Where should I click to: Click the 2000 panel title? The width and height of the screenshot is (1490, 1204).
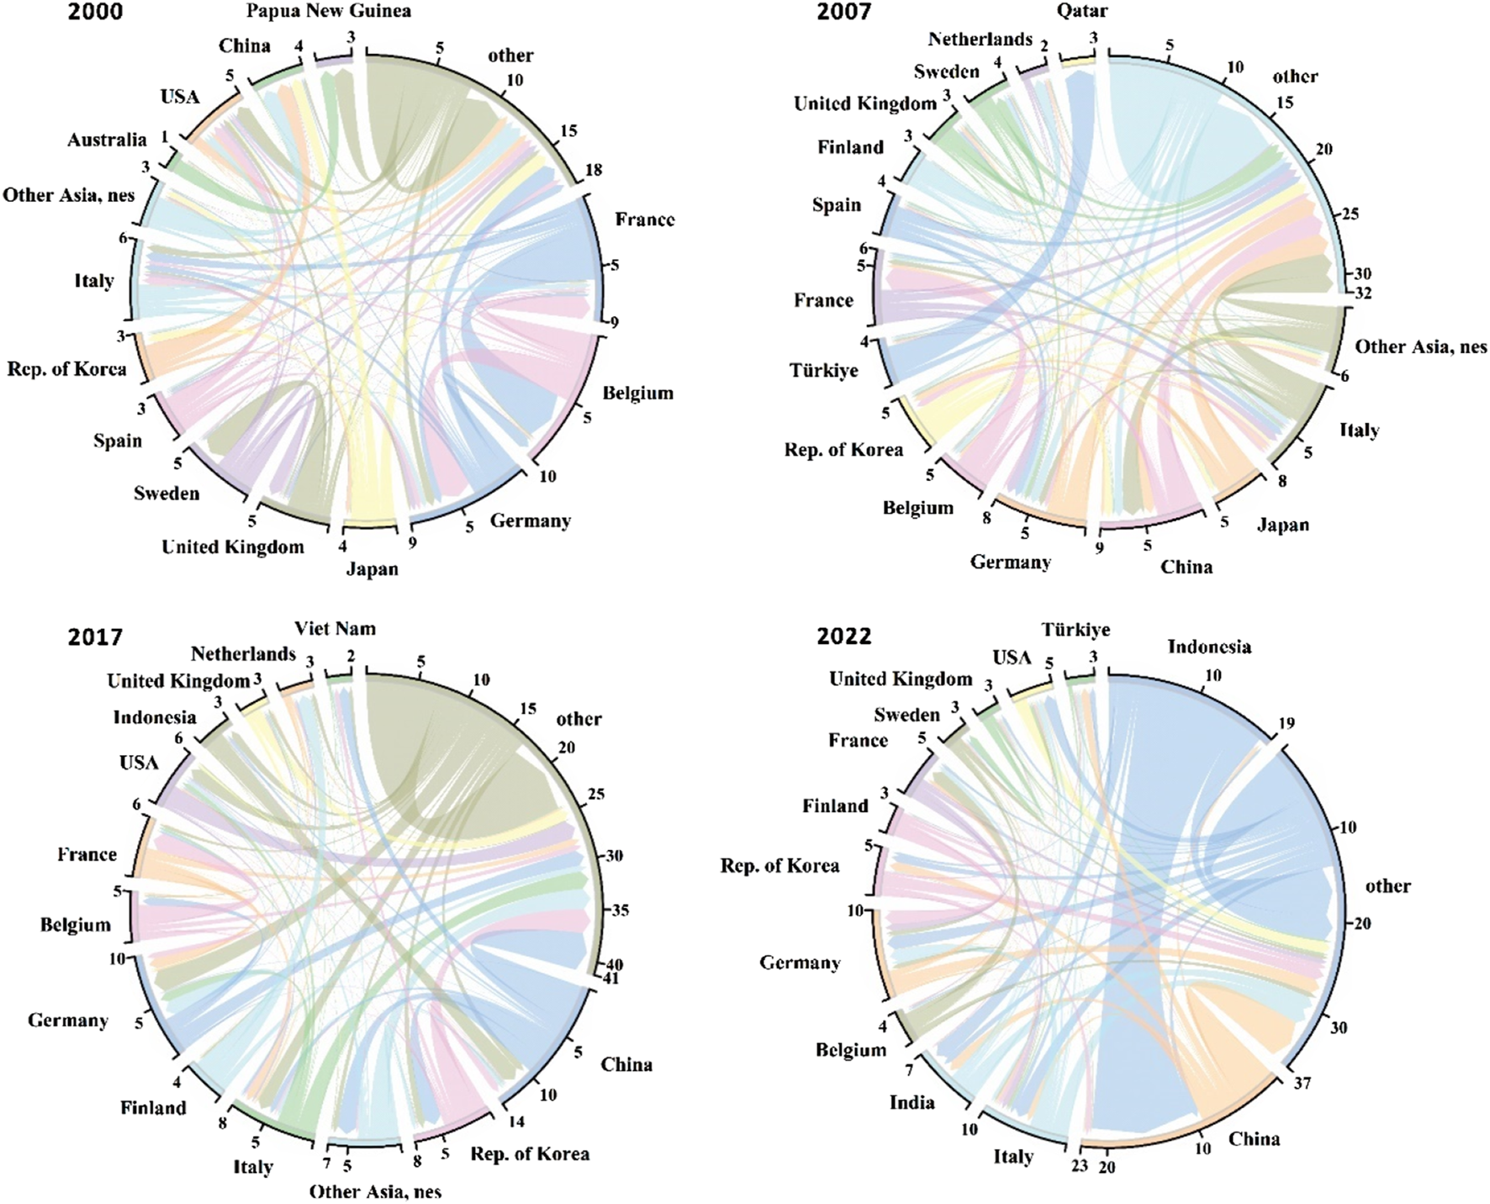(96, 11)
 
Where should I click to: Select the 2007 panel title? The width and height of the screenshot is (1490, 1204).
(843, 11)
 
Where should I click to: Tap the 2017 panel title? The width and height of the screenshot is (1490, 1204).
(96, 636)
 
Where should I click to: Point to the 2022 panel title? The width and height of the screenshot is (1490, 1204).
(843, 636)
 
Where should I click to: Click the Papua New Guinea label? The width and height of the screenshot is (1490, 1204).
(328, 11)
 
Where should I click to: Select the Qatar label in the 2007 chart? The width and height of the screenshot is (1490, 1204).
(1082, 11)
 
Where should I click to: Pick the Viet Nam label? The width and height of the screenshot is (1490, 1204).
(335, 629)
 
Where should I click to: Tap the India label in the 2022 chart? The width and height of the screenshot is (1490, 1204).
(911, 1101)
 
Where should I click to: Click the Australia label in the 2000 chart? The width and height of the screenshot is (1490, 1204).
(107, 140)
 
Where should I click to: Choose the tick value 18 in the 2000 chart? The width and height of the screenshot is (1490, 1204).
(594, 170)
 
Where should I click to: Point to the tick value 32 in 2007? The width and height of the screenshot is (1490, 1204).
(1363, 293)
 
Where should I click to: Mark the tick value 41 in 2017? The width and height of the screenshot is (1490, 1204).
(611, 979)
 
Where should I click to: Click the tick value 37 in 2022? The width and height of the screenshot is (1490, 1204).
(1302, 1083)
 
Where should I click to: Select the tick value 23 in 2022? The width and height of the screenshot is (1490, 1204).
(1079, 1166)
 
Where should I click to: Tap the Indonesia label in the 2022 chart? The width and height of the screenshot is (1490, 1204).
(1209, 647)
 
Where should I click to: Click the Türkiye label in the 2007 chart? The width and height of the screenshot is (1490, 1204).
(823, 371)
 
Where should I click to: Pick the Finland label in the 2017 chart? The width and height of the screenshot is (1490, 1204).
(153, 1107)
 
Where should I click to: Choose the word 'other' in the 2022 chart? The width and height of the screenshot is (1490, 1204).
(1387, 885)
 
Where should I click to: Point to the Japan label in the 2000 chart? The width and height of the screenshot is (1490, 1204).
(372, 569)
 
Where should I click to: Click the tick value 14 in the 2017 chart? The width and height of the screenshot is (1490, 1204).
(516, 1122)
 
